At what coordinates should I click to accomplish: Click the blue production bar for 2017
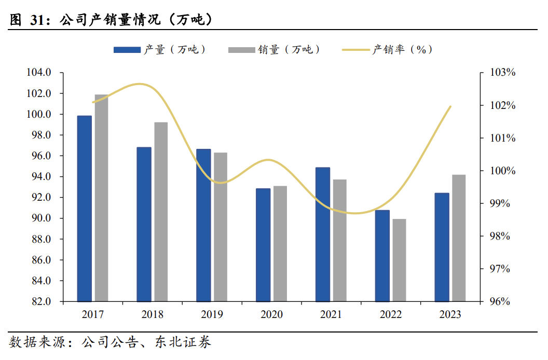pyautogui.click(x=85, y=208)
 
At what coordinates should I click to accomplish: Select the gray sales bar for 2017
pyautogui.click(x=102, y=198)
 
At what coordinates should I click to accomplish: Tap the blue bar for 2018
pyautogui.click(x=144, y=224)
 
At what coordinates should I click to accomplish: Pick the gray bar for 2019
pyautogui.click(x=221, y=227)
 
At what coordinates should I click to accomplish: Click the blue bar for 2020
pyautogui.click(x=263, y=244)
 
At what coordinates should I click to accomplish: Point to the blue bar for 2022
pyautogui.click(x=382, y=255)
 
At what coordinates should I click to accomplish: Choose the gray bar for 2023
pyautogui.click(x=459, y=238)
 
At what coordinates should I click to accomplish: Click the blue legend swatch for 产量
pyautogui.click(x=127, y=50)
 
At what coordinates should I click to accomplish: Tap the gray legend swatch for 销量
pyautogui.click(x=241, y=50)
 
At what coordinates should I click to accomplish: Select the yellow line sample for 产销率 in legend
pyautogui.click(x=356, y=50)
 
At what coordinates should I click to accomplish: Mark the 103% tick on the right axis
pyautogui.click(x=503, y=73)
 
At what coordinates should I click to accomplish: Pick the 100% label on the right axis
pyautogui.click(x=503, y=171)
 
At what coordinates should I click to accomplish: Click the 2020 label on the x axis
pyautogui.click(x=271, y=314)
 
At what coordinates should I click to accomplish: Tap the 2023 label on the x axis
pyautogui.click(x=450, y=314)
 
